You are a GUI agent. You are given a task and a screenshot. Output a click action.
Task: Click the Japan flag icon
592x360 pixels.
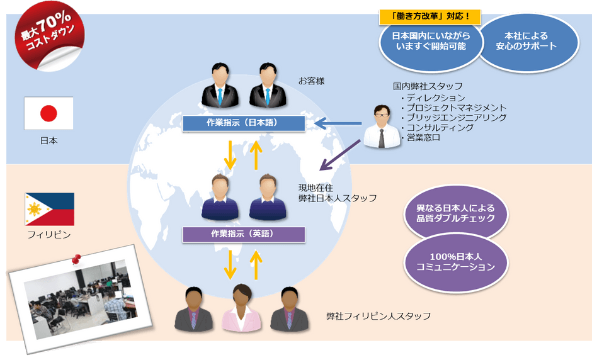click(x=48, y=113)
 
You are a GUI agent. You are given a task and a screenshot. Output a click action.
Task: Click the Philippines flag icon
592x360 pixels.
click(x=49, y=209)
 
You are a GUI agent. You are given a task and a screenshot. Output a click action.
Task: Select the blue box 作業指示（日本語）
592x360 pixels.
click(x=242, y=123)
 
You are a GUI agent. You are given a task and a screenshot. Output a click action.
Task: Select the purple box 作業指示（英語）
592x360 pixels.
click(x=243, y=234)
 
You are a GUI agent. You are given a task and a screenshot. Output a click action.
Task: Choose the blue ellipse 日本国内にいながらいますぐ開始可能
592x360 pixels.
click(x=429, y=43)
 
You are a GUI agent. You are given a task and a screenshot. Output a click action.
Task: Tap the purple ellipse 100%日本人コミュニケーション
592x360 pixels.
click(x=455, y=262)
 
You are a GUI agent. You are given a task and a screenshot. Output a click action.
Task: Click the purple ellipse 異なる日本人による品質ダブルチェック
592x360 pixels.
click(x=455, y=213)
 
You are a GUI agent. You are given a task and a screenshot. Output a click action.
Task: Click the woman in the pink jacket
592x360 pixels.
click(x=242, y=309)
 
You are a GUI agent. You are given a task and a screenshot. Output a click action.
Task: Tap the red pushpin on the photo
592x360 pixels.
click(x=77, y=259)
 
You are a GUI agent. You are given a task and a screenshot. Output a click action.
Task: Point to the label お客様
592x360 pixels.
click(x=311, y=81)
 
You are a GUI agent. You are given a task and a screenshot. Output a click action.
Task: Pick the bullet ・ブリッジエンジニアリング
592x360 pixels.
click(x=453, y=117)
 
